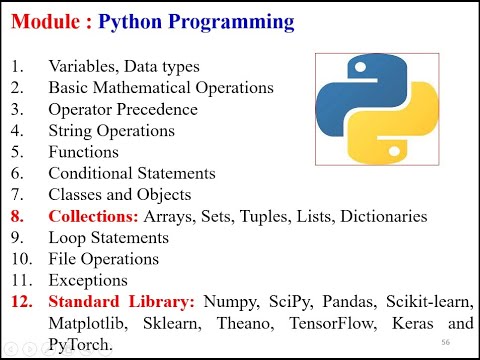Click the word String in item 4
click(69, 130)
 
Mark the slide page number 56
click(444, 342)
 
